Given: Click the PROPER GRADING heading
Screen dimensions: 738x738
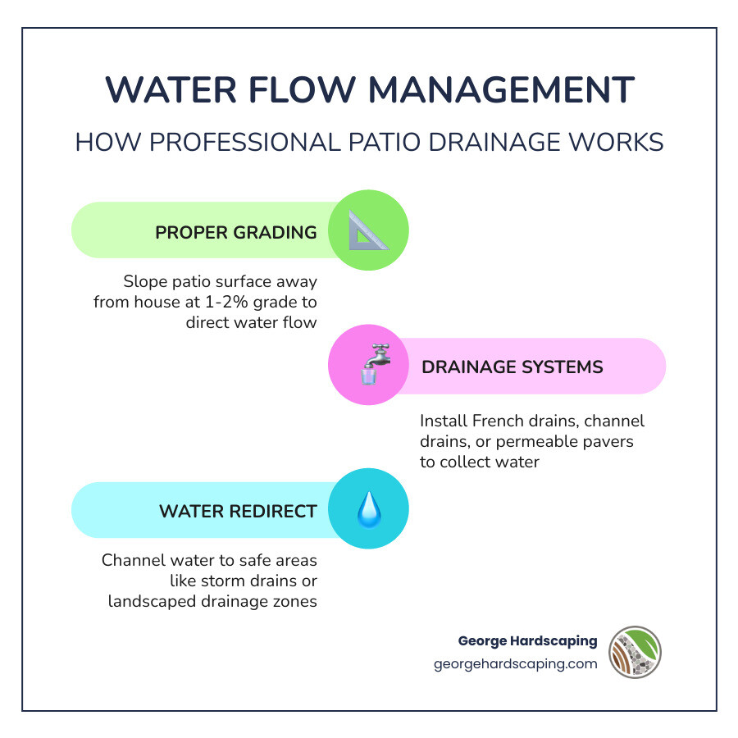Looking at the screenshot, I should pyautogui.click(x=236, y=232).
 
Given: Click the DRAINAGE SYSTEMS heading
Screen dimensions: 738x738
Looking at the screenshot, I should pyautogui.click(x=512, y=367).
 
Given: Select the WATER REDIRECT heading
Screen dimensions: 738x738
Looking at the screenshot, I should pyautogui.click(x=238, y=512).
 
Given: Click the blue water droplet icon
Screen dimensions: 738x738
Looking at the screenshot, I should pyautogui.click(x=368, y=511).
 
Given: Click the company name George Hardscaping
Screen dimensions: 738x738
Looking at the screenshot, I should pyautogui.click(x=527, y=640).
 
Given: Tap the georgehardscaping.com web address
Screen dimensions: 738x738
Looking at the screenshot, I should pyautogui.click(x=516, y=664).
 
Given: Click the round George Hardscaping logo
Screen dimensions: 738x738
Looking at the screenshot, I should pyautogui.click(x=635, y=652).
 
